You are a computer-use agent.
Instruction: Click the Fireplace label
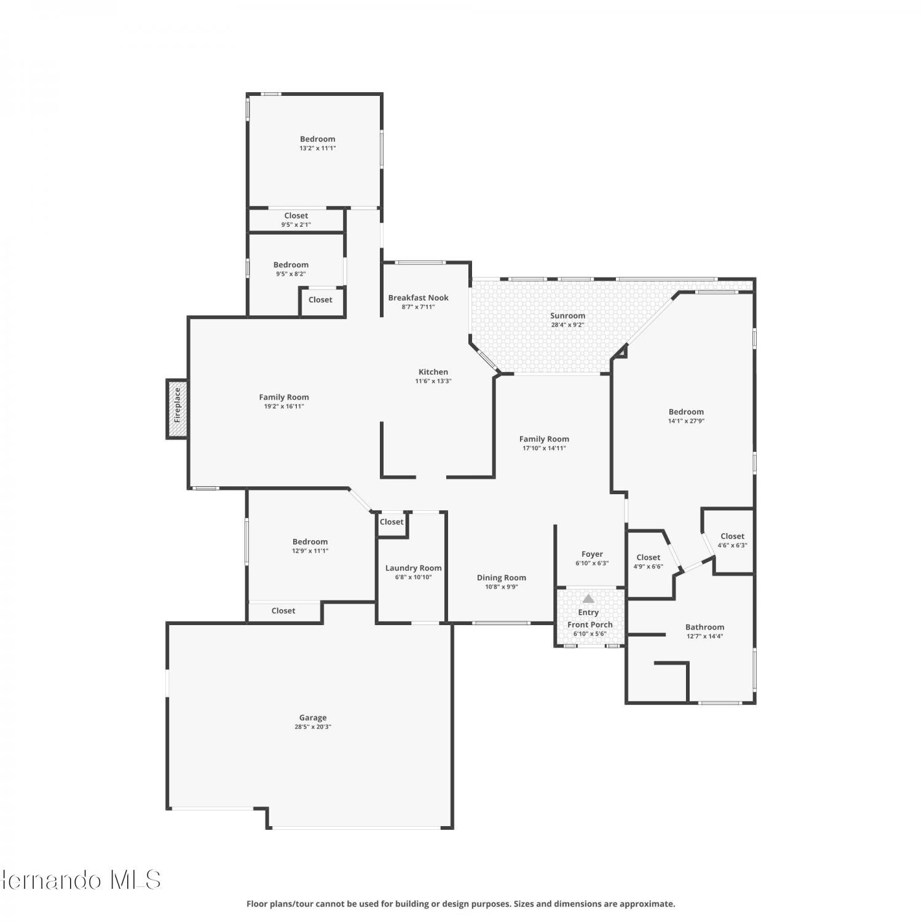coord(177,404)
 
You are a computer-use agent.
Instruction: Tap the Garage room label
coord(313,717)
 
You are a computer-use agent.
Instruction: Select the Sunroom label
coord(567,315)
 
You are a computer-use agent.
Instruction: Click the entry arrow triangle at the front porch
coord(588,598)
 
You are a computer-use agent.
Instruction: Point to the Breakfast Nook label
coord(418,297)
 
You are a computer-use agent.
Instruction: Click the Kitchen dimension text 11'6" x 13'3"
coord(433,381)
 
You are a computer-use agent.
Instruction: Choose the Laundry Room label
coord(413,568)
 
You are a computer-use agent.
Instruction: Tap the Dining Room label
coord(502,578)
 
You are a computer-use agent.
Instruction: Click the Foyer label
coord(592,554)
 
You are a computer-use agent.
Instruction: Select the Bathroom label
coord(704,627)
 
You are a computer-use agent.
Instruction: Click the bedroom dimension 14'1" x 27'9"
coord(686,421)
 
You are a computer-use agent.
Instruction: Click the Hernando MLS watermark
coord(80,880)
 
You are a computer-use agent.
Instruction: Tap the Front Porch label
coord(589,625)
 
